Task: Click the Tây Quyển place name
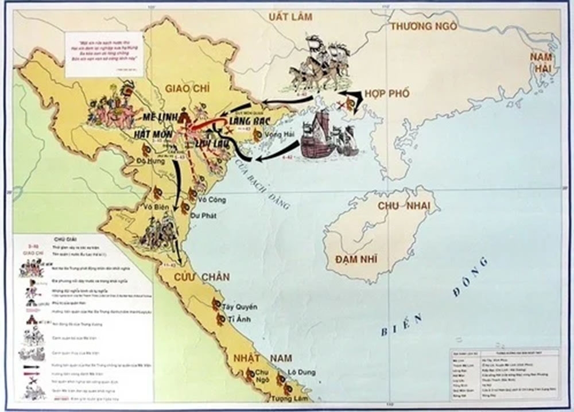click(241, 307)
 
